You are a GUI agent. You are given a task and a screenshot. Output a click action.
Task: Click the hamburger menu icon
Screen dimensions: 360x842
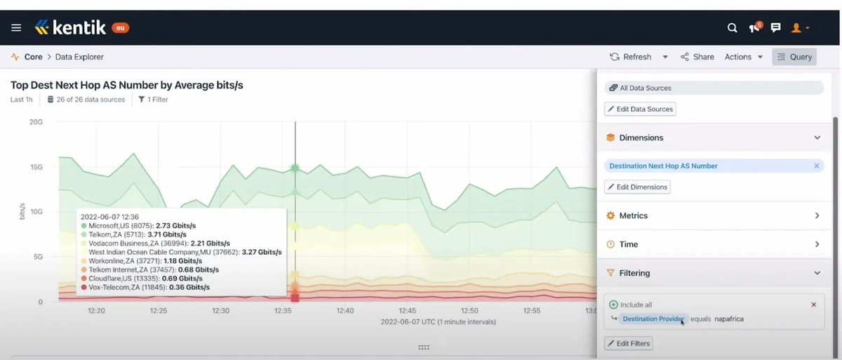point(16,28)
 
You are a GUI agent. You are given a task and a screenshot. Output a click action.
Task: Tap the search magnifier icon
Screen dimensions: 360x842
point(732,28)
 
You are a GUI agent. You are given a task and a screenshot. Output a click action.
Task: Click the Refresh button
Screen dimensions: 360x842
point(630,57)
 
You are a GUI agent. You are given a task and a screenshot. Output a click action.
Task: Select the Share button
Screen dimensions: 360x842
point(697,57)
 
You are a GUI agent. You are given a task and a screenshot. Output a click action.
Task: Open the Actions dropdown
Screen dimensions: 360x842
point(743,57)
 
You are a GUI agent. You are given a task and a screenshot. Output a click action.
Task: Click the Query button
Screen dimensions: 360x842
point(794,57)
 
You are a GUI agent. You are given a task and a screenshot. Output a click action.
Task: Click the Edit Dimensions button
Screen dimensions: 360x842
point(637,187)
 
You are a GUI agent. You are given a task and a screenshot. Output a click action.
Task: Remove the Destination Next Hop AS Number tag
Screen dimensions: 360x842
point(816,166)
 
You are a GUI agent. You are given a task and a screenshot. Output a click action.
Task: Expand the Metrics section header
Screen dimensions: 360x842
point(713,215)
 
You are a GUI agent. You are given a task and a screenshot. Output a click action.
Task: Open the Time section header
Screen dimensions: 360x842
point(713,244)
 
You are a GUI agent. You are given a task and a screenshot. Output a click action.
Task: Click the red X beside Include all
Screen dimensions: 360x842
point(813,305)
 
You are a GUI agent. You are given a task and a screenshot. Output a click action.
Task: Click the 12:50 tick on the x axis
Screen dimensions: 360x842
point(469,310)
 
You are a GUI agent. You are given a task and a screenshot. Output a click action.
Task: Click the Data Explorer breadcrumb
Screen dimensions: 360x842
point(76,57)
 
